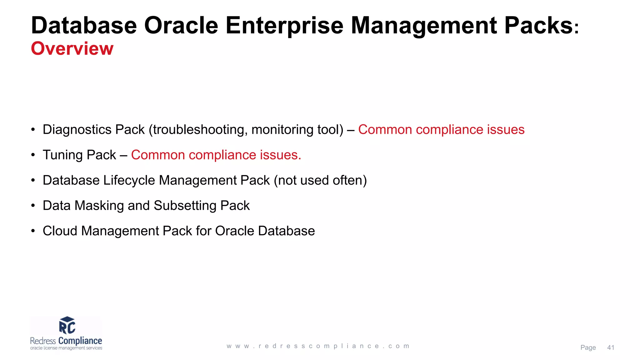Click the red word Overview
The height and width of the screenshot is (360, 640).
72,49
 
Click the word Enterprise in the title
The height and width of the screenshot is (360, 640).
284,26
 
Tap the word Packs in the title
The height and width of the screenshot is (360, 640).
538,26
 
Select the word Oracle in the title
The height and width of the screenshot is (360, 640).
181,26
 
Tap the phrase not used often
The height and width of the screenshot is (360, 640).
320,180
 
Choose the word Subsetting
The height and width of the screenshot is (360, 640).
185,206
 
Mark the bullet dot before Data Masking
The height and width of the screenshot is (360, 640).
33,206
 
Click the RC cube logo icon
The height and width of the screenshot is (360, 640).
67,325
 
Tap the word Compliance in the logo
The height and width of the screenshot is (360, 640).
80,341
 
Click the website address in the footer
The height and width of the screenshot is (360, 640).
318,346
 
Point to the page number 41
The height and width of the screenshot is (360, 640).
611,347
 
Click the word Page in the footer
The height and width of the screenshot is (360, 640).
588,347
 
